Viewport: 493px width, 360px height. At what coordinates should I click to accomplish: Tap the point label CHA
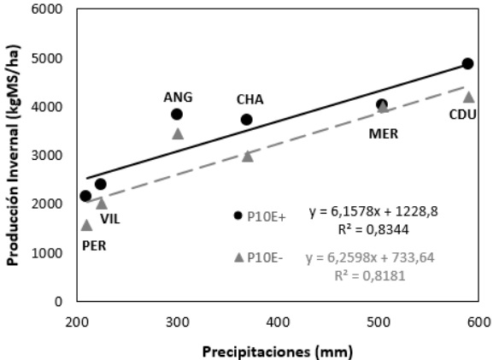pos(249,99)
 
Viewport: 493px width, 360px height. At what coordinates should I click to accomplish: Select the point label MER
pos(384,133)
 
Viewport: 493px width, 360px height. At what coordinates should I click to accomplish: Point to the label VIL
pos(110,218)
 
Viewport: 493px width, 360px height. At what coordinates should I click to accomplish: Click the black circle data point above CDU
pos(467,64)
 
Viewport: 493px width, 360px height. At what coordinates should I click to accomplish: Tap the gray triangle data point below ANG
pos(178,133)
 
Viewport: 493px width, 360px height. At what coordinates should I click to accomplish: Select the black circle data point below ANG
pos(177,115)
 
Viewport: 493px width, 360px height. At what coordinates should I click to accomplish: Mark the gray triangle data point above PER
pos(86,225)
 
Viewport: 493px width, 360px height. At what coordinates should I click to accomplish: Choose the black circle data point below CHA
pos(246,120)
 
